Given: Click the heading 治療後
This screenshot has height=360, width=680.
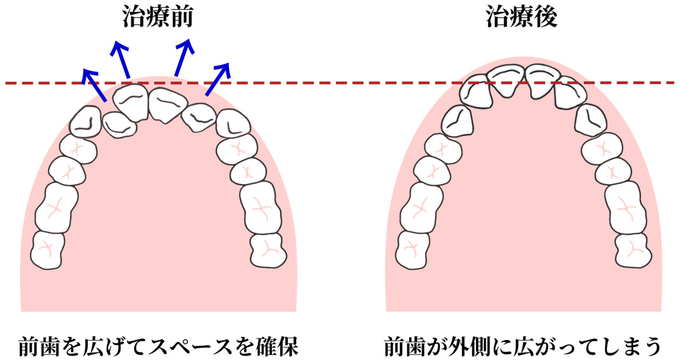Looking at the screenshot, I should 522,17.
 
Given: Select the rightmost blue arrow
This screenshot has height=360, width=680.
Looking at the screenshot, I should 218,80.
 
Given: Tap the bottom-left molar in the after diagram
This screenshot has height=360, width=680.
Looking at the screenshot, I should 412,248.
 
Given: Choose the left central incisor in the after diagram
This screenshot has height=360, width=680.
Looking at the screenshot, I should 505,80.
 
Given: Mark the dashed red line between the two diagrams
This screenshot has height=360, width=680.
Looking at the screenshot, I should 340,83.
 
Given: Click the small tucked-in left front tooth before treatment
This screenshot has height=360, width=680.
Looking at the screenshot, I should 119,125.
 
